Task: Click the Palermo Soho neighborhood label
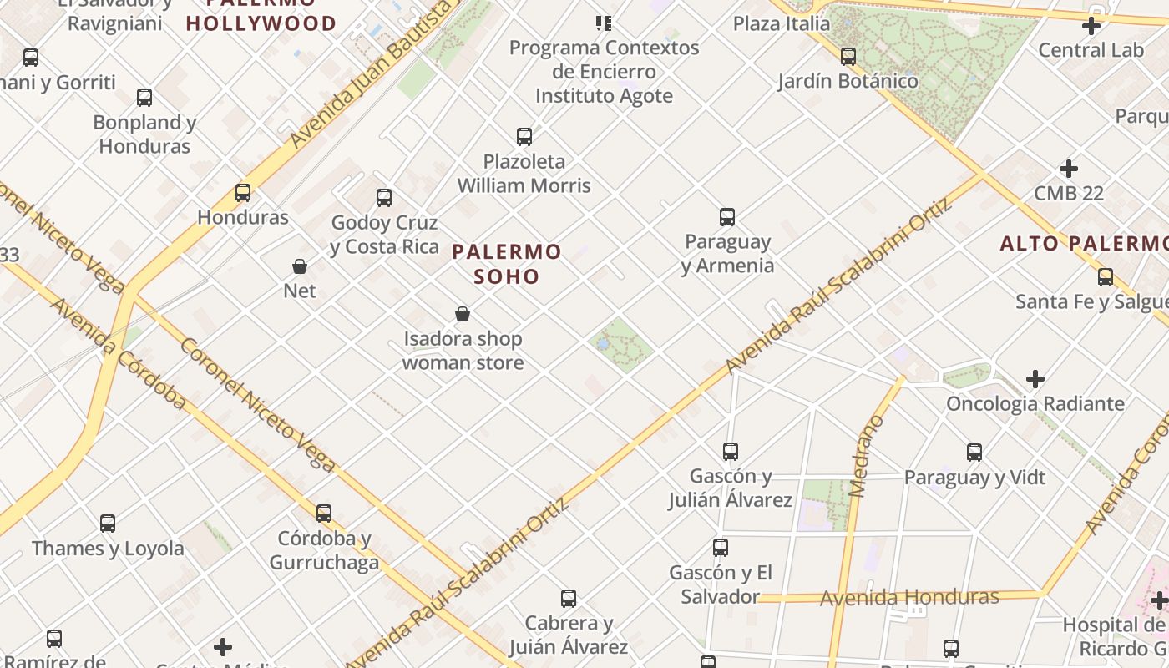[x=507, y=263]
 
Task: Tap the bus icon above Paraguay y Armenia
[x=727, y=217]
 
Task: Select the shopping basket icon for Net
[x=300, y=266]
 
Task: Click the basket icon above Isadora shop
[x=463, y=314]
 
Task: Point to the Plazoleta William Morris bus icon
[x=524, y=136]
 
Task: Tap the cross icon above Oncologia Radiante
[x=1035, y=379]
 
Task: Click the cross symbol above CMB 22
[x=1069, y=169]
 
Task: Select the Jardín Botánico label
[x=848, y=81]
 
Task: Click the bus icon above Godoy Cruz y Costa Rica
[x=384, y=198]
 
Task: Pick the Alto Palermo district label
[x=1084, y=243]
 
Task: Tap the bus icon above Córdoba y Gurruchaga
[x=324, y=513]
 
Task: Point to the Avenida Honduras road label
[x=909, y=597]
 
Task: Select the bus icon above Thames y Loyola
[x=108, y=524]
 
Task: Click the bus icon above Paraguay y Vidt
[x=974, y=453]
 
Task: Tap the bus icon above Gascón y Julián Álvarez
[x=731, y=452]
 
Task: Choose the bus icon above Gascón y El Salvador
[x=721, y=548]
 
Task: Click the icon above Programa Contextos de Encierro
[x=603, y=23]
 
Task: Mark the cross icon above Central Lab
[x=1091, y=26]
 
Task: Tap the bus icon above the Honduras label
[x=243, y=193]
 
